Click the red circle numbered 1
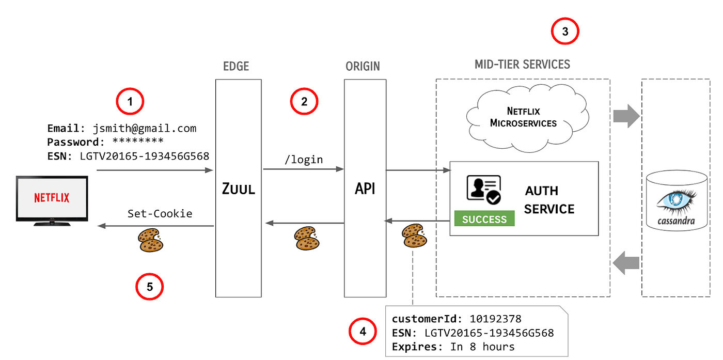(x=130, y=102)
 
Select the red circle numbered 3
(x=565, y=32)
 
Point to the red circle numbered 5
(x=150, y=287)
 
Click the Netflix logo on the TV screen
(x=52, y=197)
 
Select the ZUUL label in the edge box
(x=238, y=189)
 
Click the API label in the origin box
(x=365, y=189)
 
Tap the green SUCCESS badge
(x=484, y=219)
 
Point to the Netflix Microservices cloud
(x=523, y=117)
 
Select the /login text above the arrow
(x=304, y=160)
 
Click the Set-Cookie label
(x=160, y=213)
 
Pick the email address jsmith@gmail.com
(x=145, y=128)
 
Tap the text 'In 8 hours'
(x=482, y=347)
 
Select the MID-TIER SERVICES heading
(x=522, y=65)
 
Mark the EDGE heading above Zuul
(x=236, y=66)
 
